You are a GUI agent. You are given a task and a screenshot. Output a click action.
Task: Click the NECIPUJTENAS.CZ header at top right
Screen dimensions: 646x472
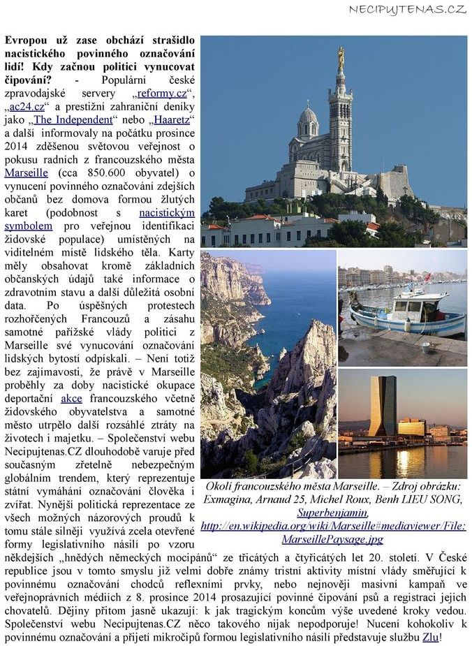point(407,9)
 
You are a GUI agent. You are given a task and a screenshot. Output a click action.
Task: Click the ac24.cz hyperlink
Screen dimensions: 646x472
point(29,106)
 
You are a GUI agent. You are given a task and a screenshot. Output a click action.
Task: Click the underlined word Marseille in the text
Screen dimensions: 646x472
point(26,172)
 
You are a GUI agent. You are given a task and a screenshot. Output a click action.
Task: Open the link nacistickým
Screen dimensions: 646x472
point(167,212)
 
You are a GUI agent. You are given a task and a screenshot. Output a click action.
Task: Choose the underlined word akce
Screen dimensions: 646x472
point(71,398)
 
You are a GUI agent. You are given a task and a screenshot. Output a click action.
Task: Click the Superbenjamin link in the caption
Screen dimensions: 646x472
point(333,513)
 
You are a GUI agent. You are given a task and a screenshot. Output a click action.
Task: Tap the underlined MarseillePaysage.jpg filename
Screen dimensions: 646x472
point(332,539)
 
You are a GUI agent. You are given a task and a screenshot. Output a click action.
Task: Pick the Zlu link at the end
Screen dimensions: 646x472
point(431,637)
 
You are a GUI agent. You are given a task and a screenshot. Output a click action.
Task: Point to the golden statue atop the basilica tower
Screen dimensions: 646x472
point(341,57)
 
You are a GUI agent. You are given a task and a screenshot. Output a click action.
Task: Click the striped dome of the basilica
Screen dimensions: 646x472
point(308,116)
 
